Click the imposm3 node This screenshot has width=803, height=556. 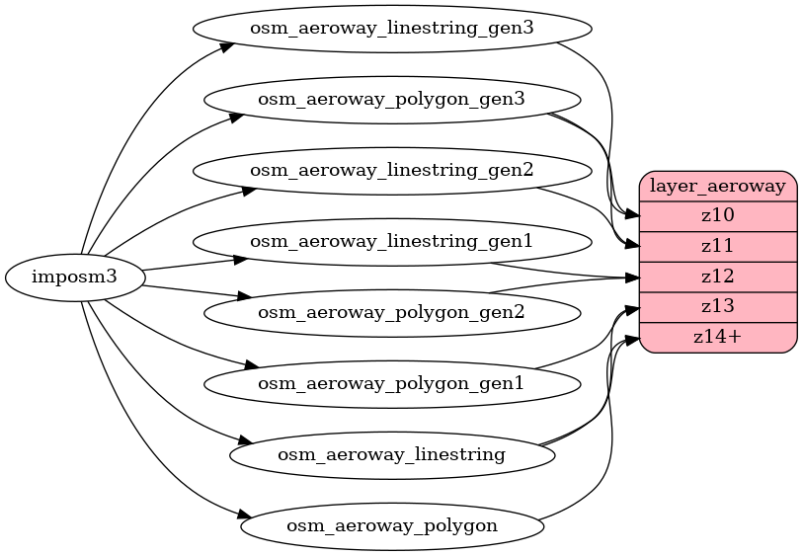pyautogui.click(x=75, y=277)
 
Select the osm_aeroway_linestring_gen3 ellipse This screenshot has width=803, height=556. pyautogui.click(x=391, y=28)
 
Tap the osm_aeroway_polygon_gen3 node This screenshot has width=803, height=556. pyautogui.click(x=391, y=99)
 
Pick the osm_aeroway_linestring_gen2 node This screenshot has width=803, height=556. pyautogui.click(x=391, y=170)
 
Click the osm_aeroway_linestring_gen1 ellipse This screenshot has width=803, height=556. pyautogui.click(x=391, y=241)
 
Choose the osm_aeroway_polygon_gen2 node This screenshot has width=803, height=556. pyautogui.click(x=391, y=313)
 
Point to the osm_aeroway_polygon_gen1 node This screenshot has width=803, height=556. pyautogui.click(x=391, y=383)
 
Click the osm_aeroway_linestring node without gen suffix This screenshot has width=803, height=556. pyautogui.click(x=391, y=454)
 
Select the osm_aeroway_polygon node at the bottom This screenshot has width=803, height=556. pyautogui.click(x=391, y=525)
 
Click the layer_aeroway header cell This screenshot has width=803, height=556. pyautogui.click(x=718, y=185)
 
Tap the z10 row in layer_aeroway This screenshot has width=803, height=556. pyautogui.click(x=718, y=215)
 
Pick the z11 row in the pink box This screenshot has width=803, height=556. pyautogui.click(x=718, y=246)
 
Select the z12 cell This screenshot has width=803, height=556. pyautogui.click(x=718, y=277)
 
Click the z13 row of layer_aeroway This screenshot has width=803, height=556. pyautogui.click(x=718, y=306)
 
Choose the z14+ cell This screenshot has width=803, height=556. pyautogui.click(x=718, y=337)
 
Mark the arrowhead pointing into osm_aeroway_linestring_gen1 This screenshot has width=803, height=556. pyautogui.click(x=239, y=260)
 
